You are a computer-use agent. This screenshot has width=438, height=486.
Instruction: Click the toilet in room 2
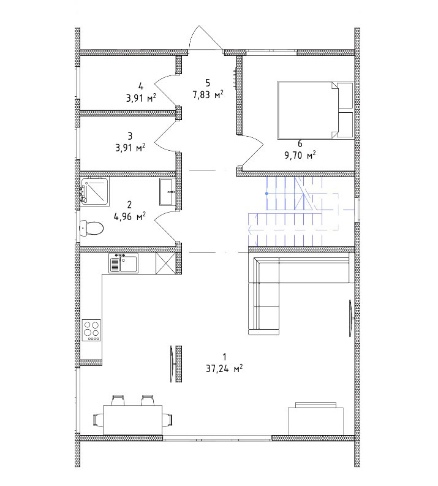(92, 229)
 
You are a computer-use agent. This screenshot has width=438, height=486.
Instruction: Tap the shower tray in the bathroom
(94, 191)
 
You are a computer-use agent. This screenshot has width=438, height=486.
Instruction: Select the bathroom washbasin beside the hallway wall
(168, 192)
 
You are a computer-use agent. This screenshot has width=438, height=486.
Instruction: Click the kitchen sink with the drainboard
(124, 263)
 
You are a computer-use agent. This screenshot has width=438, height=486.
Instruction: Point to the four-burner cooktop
(91, 330)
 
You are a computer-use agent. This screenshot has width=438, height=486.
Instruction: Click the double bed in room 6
(315, 110)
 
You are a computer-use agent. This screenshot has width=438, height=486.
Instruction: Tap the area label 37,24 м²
(224, 368)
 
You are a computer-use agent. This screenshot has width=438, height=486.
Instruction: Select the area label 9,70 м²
(300, 154)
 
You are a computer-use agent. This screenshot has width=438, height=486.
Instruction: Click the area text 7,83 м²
(208, 94)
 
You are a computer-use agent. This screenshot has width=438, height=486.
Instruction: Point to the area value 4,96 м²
(130, 216)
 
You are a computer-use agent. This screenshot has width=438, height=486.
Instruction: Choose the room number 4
(141, 86)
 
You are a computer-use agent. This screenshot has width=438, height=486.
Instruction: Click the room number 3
(130, 136)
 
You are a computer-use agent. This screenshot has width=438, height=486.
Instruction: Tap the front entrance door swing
(206, 37)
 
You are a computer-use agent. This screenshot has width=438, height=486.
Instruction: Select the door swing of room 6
(252, 151)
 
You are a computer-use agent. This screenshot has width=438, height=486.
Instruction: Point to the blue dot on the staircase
(266, 194)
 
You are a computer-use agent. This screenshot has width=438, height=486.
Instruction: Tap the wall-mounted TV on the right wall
(350, 318)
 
